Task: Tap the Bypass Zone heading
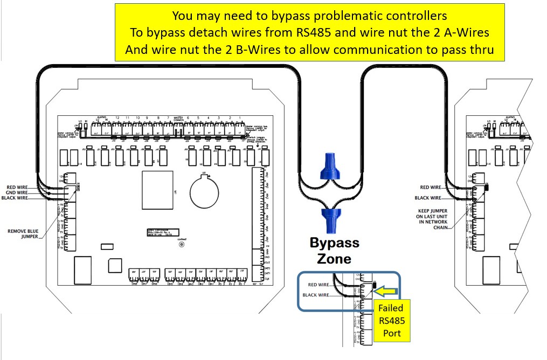pos(334,251)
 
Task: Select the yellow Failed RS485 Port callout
pos(392,320)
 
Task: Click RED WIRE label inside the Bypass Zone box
pos(318,285)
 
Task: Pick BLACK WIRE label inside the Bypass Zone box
pos(316,295)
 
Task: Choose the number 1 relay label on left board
pos(239,117)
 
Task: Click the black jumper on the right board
pos(487,188)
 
